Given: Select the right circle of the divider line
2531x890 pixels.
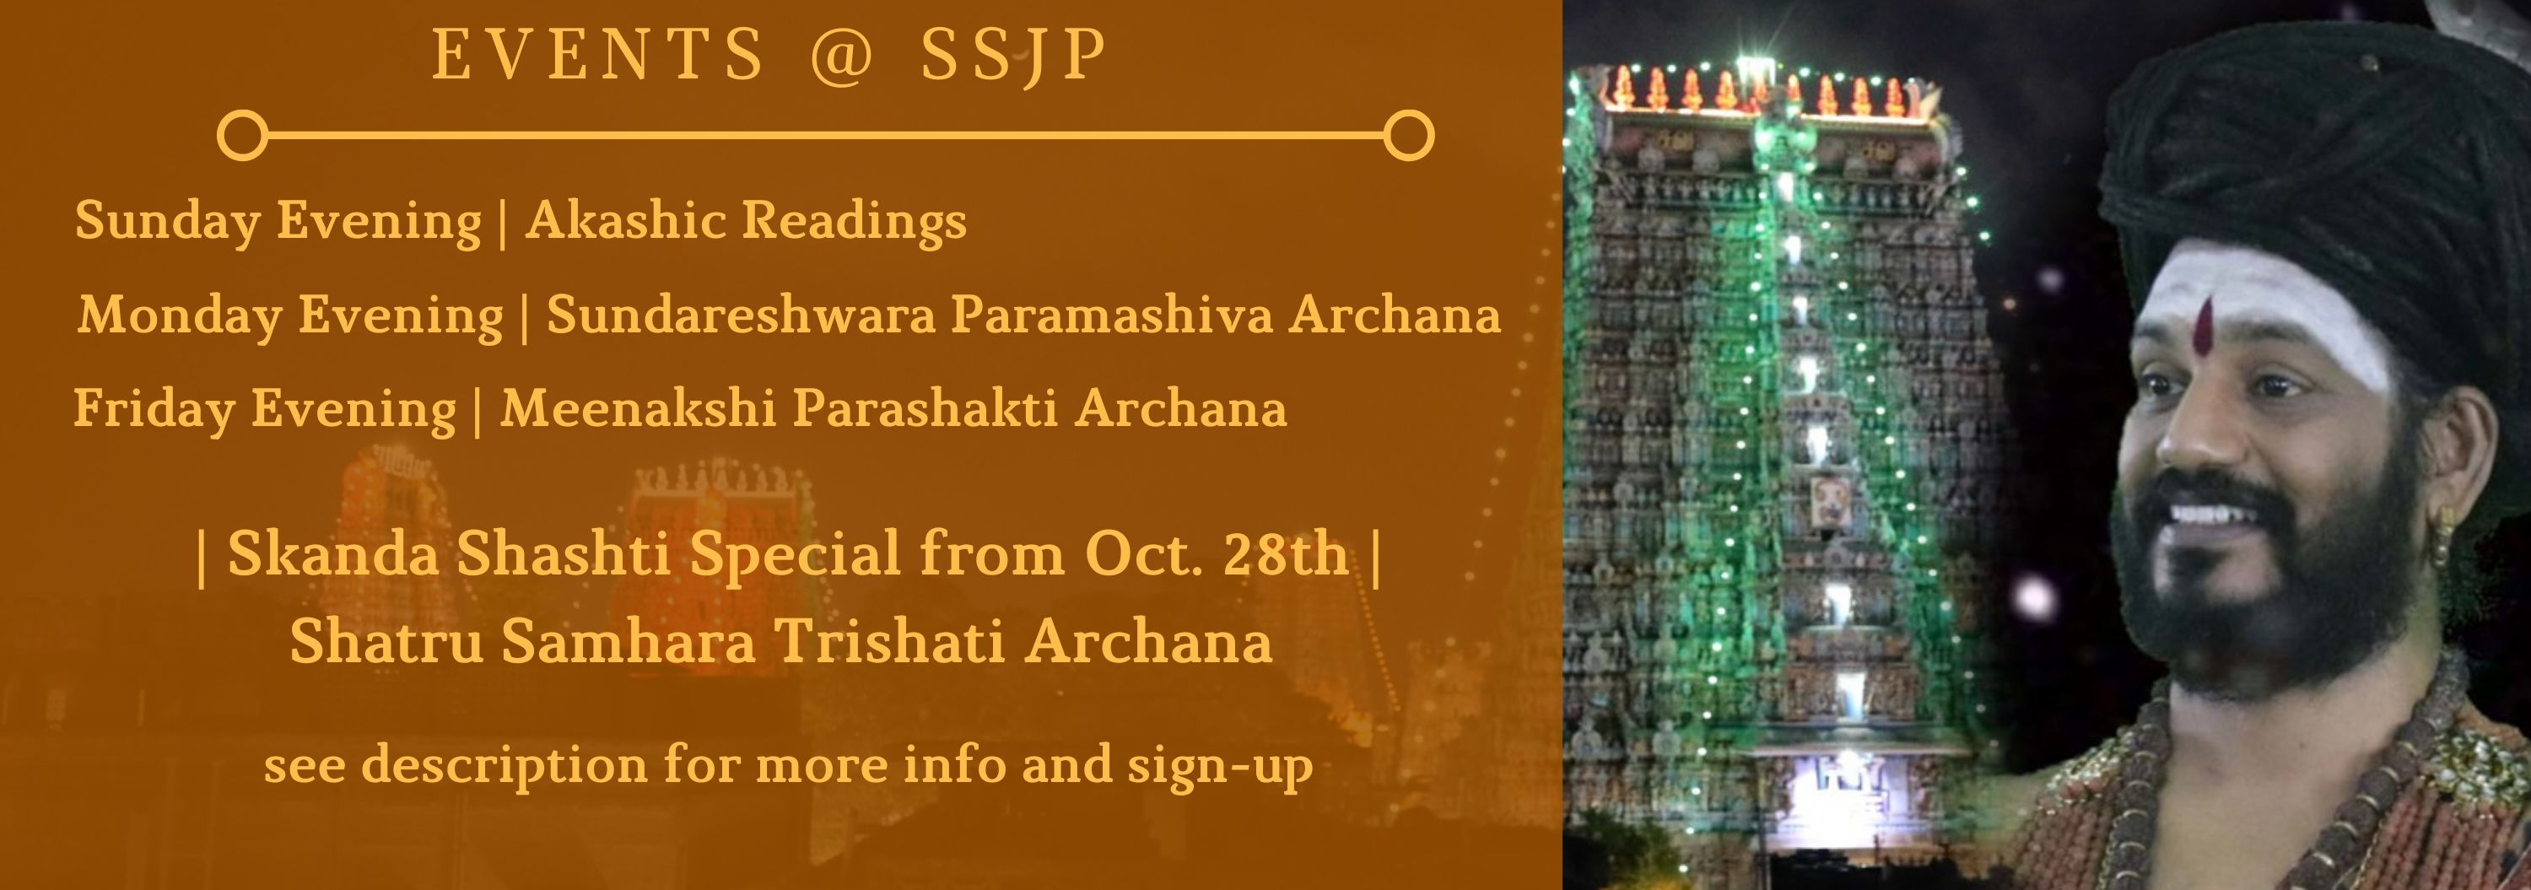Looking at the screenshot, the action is [x=1409, y=136].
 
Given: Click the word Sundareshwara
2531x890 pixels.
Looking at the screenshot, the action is [x=741, y=315].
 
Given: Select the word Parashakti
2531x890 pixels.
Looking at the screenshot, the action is [x=925, y=408].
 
